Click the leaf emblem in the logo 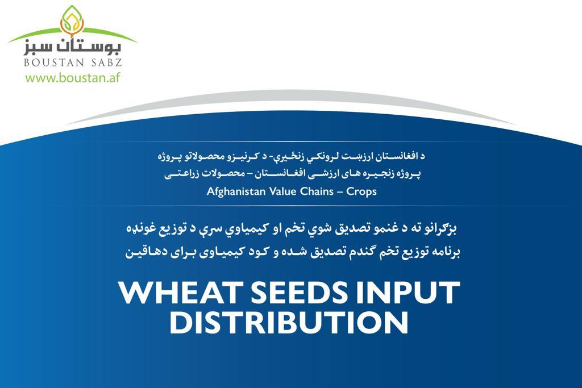[x=72, y=21]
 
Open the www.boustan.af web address [x=73, y=78]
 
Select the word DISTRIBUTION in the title [x=289, y=322]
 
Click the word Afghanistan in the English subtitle [x=236, y=191]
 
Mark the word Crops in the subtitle [x=361, y=192]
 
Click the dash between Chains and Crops [x=340, y=192]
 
